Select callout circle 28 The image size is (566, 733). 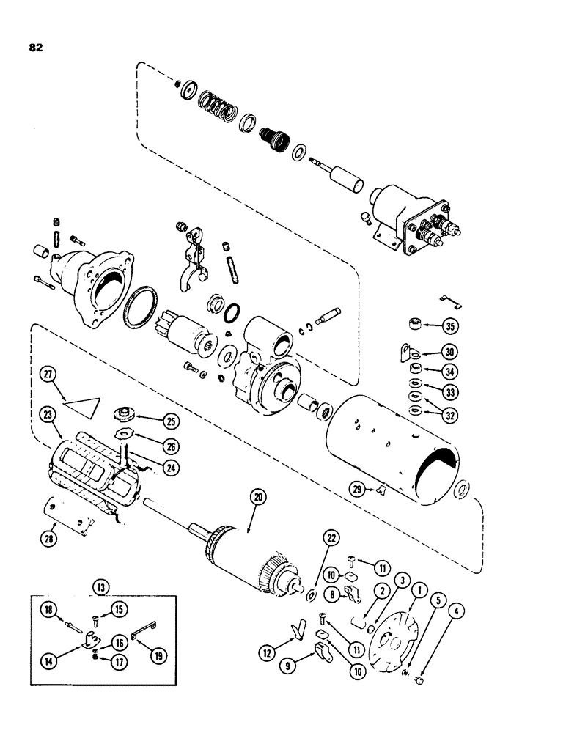(x=50, y=527)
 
